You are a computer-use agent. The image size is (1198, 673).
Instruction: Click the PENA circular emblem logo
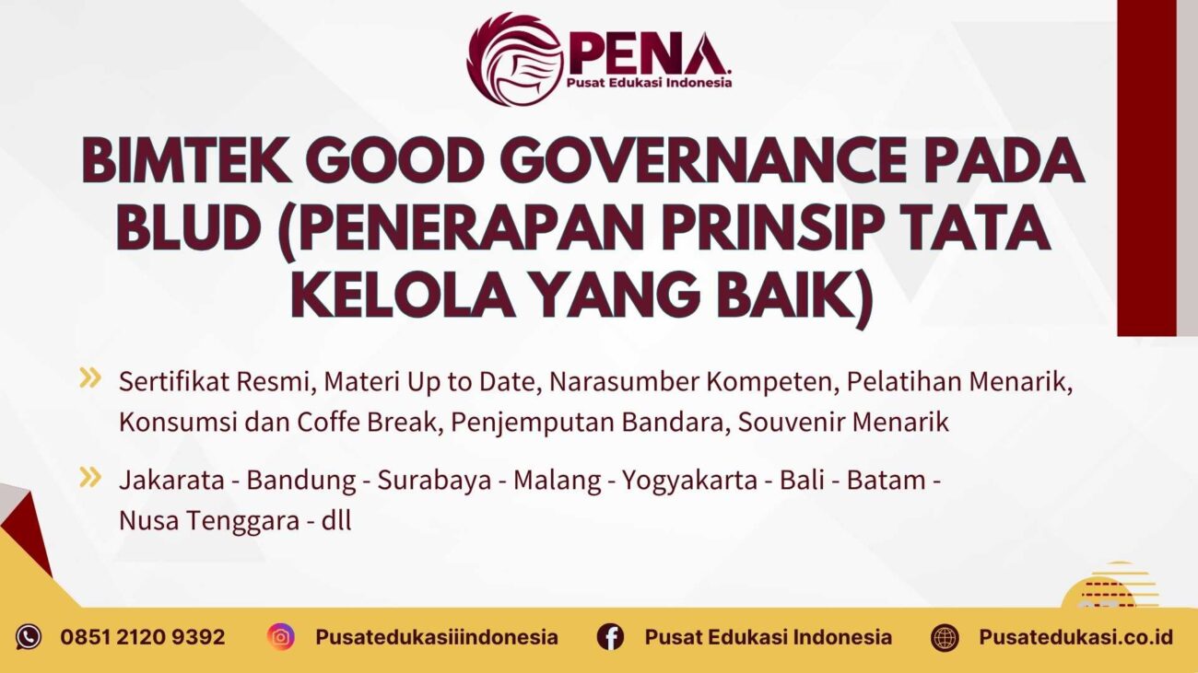click(x=514, y=60)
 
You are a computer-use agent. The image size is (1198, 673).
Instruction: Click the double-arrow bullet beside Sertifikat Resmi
click(x=89, y=377)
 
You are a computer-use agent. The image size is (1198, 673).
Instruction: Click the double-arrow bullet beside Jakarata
click(x=89, y=476)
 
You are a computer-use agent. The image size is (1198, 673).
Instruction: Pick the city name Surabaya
click(x=434, y=481)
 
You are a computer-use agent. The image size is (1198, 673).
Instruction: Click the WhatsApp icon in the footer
click(x=29, y=636)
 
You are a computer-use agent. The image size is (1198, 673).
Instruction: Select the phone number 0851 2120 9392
click(x=143, y=637)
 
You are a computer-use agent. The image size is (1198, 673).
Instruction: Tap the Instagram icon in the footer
click(x=281, y=636)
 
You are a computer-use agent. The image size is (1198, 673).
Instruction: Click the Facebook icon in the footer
click(x=610, y=636)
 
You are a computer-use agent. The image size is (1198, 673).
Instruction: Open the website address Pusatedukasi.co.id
click(x=1075, y=637)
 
